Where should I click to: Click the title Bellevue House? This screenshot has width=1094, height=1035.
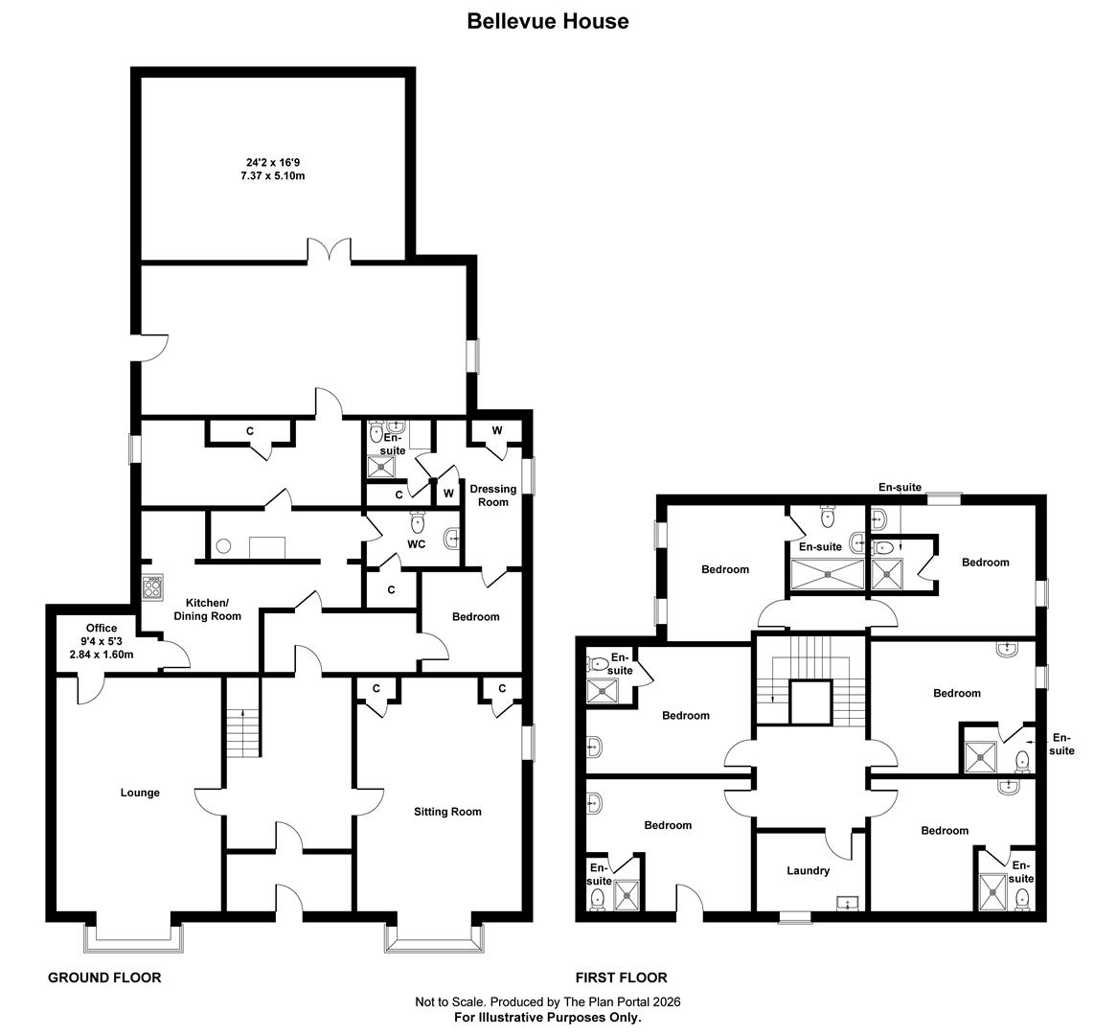(x=547, y=21)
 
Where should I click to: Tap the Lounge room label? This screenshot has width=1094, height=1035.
(x=140, y=793)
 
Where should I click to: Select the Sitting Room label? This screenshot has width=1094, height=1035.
(x=447, y=812)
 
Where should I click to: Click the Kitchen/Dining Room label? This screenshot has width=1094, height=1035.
(x=207, y=609)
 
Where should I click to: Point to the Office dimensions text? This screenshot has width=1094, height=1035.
(x=101, y=641)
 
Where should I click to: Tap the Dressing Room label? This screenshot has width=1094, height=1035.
(x=492, y=494)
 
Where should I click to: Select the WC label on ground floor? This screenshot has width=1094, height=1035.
(x=417, y=544)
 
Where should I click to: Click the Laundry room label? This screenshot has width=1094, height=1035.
(x=808, y=871)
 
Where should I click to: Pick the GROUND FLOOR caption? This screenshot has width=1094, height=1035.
(x=104, y=977)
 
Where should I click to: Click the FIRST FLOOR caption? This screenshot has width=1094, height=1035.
(x=621, y=977)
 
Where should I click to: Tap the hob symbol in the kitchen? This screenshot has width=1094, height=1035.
(x=152, y=586)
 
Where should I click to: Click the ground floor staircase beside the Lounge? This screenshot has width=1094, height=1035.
(x=243, y=733)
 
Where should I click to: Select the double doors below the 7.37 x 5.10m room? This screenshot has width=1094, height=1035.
(x=330, y=250)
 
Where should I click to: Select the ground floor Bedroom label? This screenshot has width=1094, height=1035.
(x=475, y=616)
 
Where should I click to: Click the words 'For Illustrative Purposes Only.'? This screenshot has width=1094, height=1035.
(x=547, y=1018)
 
